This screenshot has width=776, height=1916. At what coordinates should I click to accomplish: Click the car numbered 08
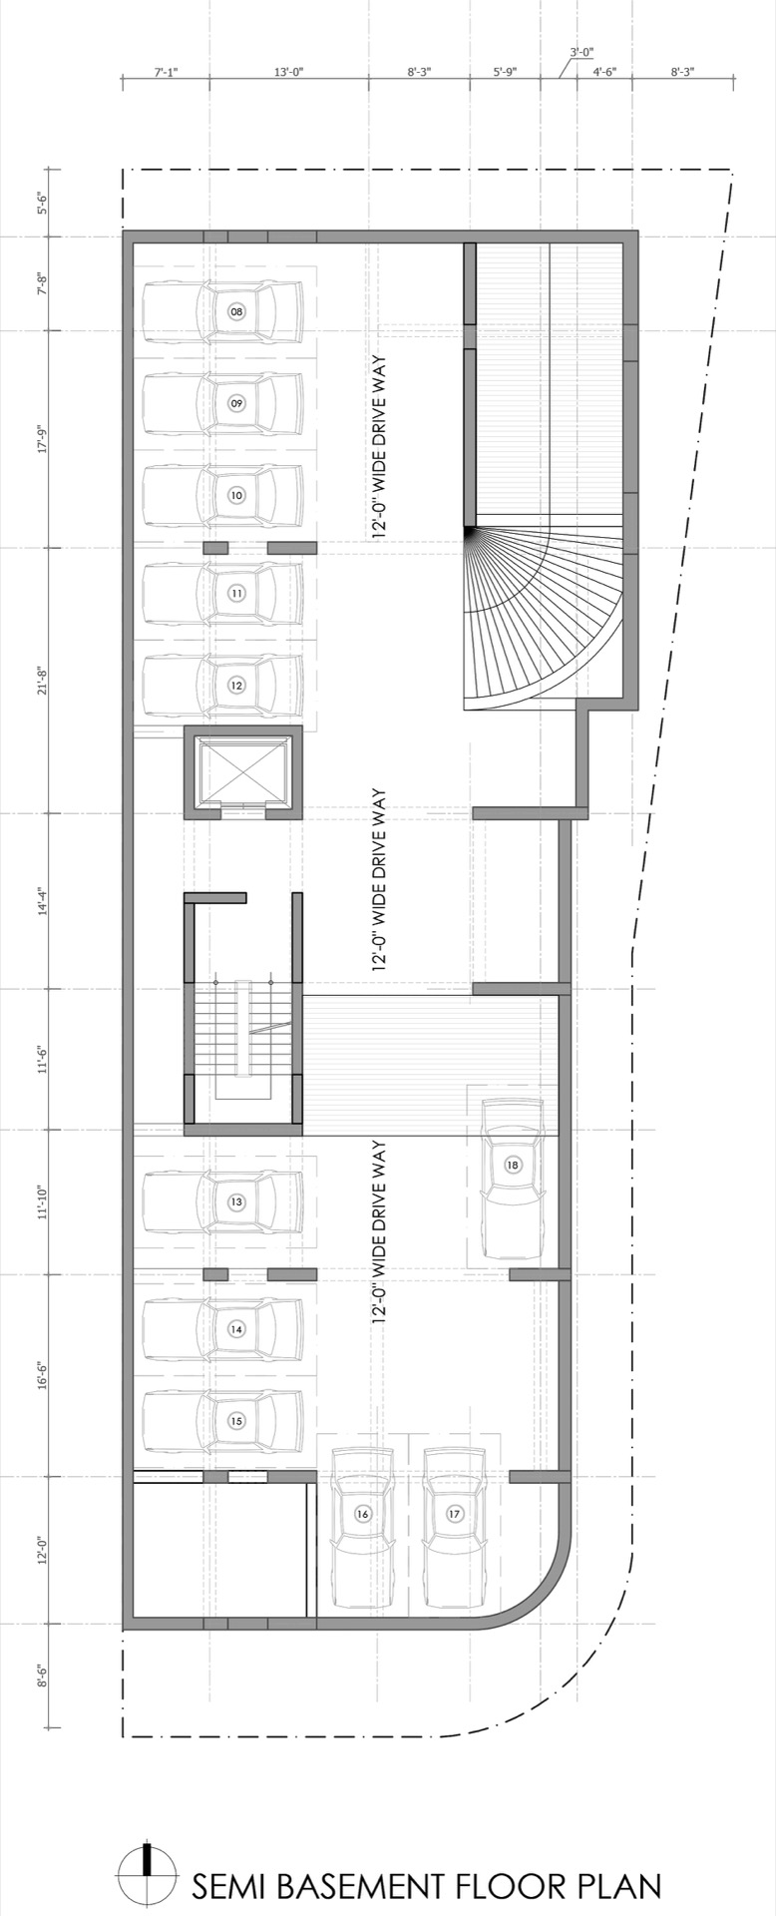point(222,311)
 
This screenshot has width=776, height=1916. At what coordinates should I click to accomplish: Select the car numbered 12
point(222,685)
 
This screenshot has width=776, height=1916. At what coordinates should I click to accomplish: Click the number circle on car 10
point(236,495)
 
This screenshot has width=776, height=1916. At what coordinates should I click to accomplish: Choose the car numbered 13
point(222,1202)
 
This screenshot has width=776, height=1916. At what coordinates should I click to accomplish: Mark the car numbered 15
point(222,1421)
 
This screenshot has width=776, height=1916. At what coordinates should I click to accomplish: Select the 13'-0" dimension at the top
point(288,72)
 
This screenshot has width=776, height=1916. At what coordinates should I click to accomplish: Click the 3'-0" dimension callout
point(582,51)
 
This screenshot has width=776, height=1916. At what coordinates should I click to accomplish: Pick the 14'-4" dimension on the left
point(43,900)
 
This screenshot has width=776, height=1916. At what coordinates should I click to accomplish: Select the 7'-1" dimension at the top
point(166,72)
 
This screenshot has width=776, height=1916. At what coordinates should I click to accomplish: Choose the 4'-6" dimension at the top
point(604,72)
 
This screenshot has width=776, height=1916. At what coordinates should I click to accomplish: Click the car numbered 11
point(222,593)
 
